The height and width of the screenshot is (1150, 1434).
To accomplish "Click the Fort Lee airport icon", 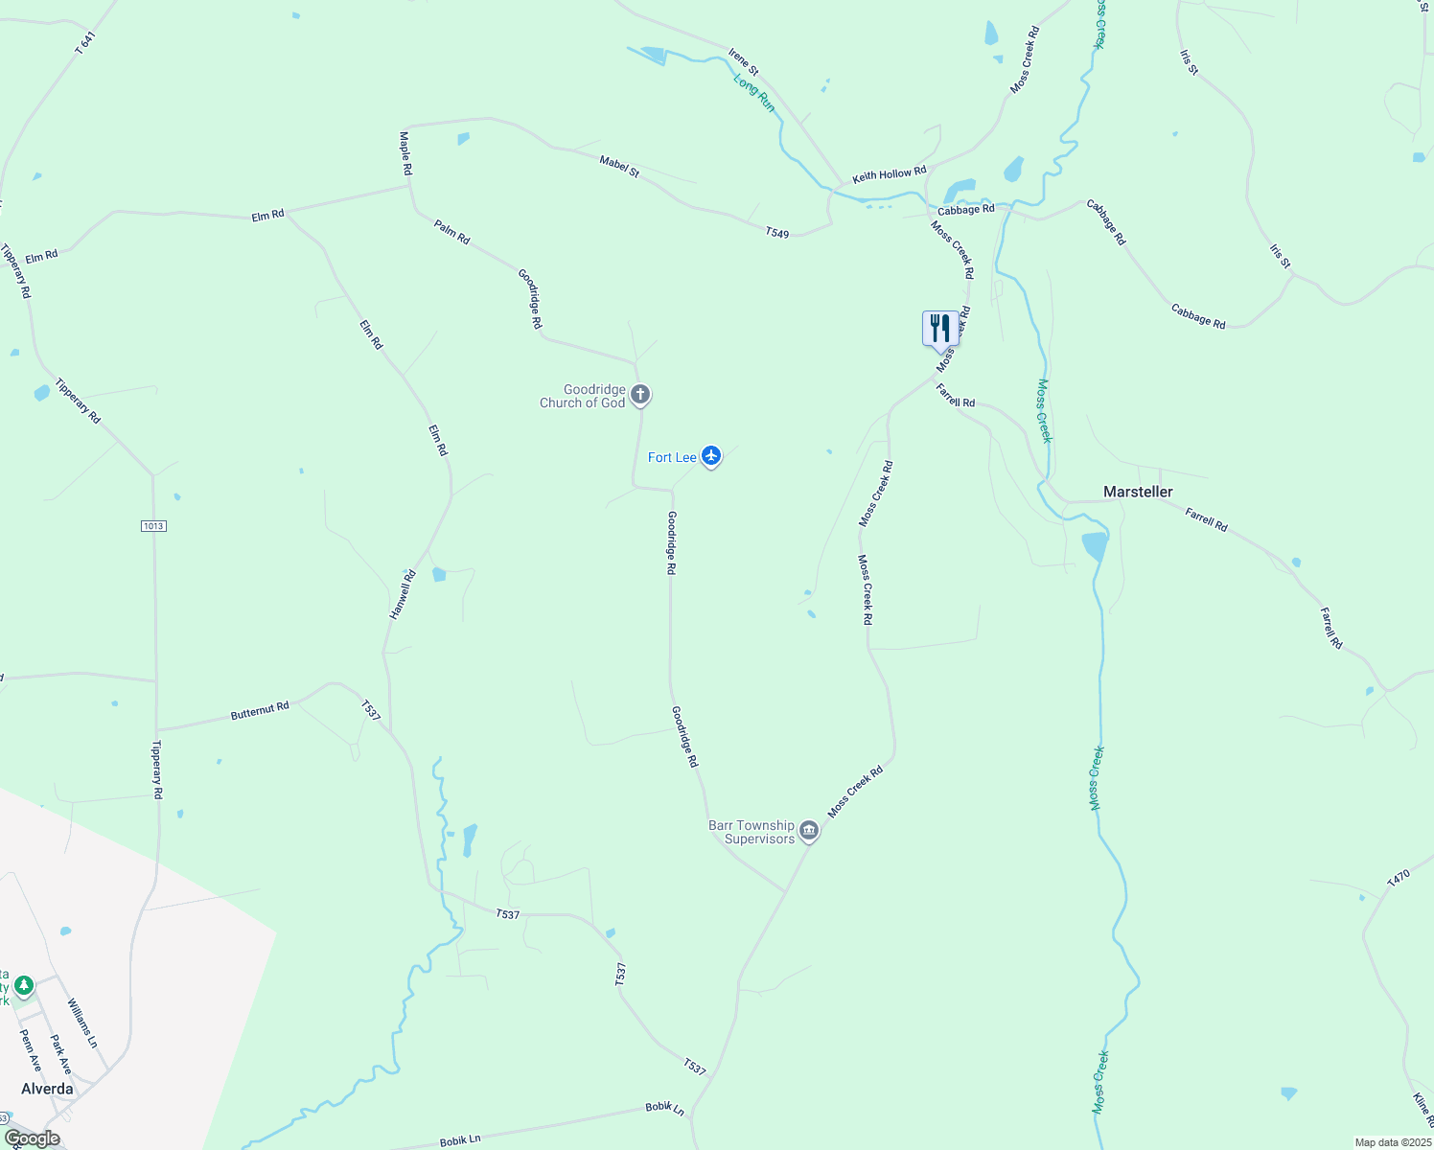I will [710, 455].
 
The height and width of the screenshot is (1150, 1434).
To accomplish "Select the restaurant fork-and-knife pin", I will [939, 328].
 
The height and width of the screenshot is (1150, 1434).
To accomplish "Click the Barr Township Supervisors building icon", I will [809, 830].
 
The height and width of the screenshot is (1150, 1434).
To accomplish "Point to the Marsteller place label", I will [1138, 492].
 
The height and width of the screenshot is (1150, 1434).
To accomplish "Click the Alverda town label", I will [47, 1089].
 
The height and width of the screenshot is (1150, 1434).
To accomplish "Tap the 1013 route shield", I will [153, 526].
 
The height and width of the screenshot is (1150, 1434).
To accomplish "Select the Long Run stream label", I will [754, 93].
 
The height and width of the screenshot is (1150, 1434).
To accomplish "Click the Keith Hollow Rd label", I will [890, 174].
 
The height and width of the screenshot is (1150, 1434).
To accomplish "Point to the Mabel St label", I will [619, 166].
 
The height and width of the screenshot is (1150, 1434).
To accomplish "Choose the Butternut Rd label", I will [260, 710].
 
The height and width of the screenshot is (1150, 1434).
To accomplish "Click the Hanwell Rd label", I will [404, 594].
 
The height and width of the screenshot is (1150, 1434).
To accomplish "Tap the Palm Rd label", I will [451, 232].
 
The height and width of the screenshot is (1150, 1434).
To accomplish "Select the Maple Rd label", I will [405, 153].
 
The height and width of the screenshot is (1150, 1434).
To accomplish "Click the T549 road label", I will [777, 232].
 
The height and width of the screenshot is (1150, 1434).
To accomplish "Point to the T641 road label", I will [85, 43].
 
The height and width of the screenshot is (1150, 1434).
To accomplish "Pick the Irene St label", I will [743, 62].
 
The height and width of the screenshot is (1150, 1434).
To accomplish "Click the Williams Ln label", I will [82, 1023].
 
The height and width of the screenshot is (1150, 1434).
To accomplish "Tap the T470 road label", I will [1399, 877].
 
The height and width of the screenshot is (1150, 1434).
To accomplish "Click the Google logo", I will [32, 1138].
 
